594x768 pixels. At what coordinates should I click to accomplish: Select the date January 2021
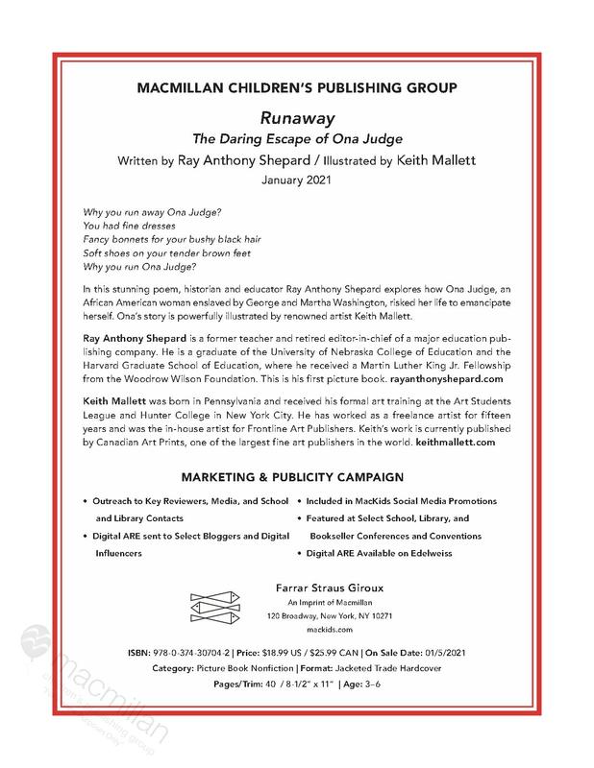[296, 179]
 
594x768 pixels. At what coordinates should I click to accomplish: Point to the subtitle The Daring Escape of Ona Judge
[296, 136]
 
